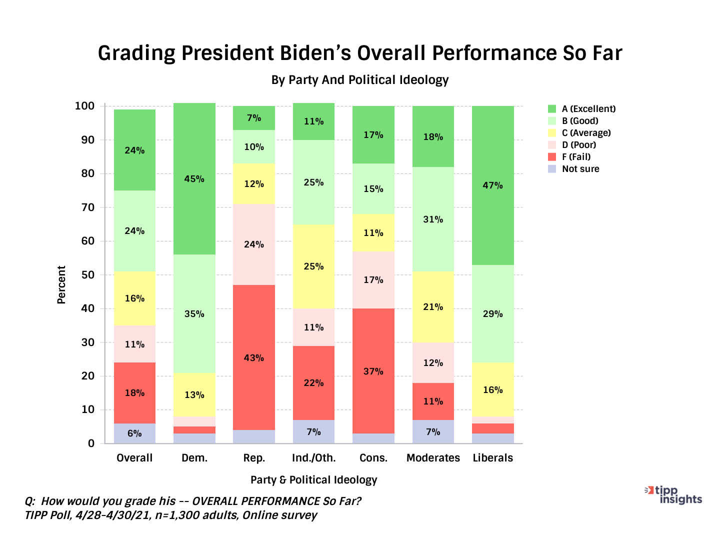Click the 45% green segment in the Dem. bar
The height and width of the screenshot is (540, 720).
coord(194,179)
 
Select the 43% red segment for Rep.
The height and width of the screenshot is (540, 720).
coord(254,357)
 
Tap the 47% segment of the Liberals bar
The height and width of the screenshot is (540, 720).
coord(493,185)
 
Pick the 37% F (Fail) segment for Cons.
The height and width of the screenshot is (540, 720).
coord(373,371)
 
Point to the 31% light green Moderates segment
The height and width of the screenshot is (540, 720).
coord(433,219)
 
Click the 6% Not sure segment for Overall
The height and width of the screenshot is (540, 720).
coord(134,433)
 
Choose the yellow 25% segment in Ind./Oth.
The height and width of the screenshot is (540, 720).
coord(313,266)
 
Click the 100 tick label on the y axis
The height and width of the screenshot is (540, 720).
coord(84,106)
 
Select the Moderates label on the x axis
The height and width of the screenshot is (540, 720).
coord(433,458)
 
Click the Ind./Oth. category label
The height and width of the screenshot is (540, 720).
coord(313,458)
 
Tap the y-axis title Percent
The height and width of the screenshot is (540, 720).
coord(61,285)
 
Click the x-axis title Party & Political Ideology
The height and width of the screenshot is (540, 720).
coord(313,480)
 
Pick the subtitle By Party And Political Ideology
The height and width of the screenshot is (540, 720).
coord(359,80)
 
